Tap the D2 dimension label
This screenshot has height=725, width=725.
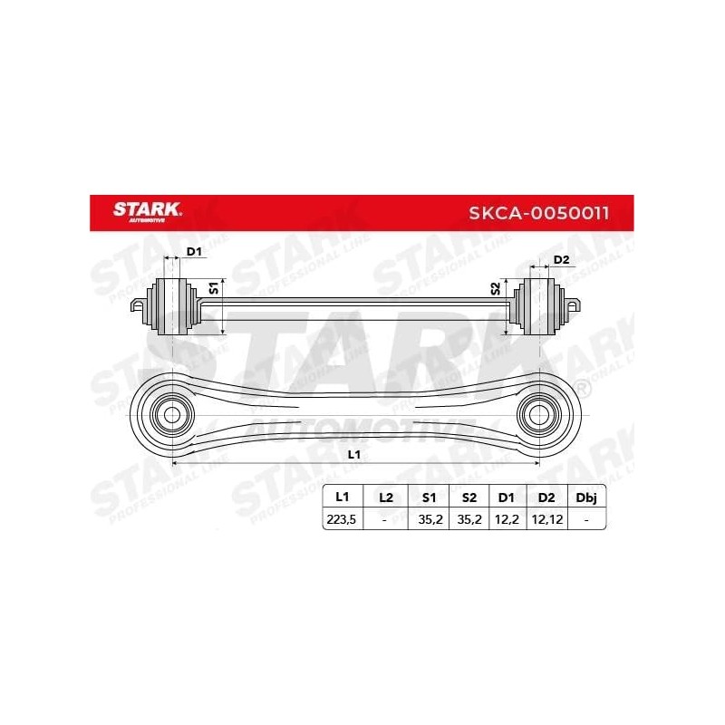560,260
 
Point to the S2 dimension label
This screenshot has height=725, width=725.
495,289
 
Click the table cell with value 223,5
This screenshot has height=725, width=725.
343,520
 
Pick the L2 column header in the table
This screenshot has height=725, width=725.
385,498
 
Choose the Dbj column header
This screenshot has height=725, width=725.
587,498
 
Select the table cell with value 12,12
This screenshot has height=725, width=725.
546,520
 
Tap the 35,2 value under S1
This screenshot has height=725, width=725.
428,520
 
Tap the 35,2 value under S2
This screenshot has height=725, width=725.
468,520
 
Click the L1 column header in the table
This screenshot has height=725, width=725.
343,498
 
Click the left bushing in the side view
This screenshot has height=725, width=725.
171,306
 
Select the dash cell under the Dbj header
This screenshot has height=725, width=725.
587,520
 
